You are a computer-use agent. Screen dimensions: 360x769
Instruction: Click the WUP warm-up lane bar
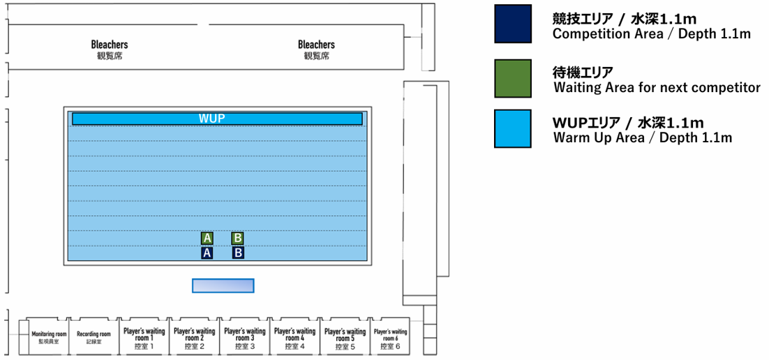[217, 119]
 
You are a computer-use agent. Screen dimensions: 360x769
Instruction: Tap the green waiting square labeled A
[207, 238]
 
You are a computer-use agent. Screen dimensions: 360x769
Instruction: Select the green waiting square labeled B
[237, 238]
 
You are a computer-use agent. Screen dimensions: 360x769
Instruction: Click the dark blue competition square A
[207, 253]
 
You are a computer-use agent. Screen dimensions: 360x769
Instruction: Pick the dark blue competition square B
[237, 253]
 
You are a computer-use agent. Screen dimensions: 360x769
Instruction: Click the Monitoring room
[49, 338]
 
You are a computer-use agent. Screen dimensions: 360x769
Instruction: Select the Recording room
[94, 338]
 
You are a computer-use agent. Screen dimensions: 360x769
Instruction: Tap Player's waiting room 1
[143, 338]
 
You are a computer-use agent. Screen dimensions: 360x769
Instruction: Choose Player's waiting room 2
[194, 338]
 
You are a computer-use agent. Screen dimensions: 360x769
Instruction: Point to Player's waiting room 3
[244, 338]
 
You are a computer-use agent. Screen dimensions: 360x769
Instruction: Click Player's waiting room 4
[294, 338]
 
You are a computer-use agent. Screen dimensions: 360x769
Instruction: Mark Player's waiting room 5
[345, 338]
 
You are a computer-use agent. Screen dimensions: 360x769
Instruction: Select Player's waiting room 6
[390, 338]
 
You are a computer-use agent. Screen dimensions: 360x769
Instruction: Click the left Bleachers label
[110, 45]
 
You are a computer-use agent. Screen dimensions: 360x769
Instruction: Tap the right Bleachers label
[316, 45]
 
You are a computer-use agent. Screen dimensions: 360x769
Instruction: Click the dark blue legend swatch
[512, 24]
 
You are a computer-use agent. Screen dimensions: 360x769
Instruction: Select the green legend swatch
[512, 78]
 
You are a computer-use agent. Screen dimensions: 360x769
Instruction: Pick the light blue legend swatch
[512, 128]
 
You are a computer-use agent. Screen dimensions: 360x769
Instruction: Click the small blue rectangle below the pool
[223, 285]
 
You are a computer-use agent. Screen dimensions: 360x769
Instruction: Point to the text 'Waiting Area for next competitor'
[657, 88]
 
